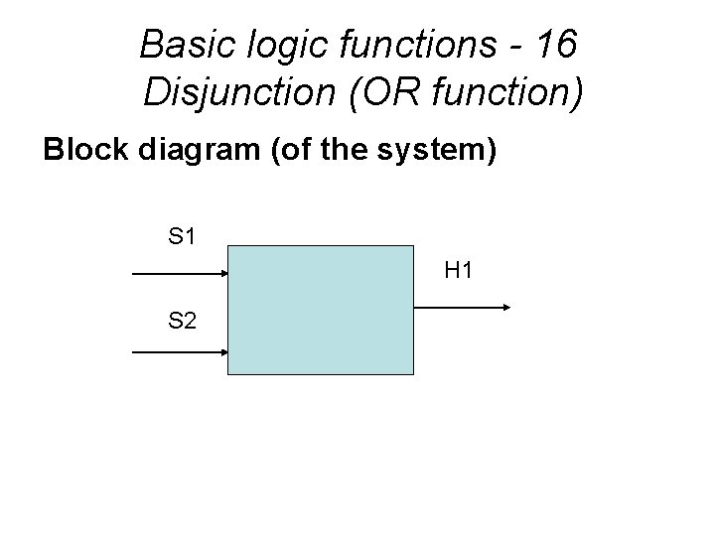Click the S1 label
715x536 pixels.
182,237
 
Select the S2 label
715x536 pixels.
182,321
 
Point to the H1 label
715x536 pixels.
458,269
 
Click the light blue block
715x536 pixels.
320,309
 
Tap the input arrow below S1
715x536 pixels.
179,271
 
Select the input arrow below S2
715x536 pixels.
179,351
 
